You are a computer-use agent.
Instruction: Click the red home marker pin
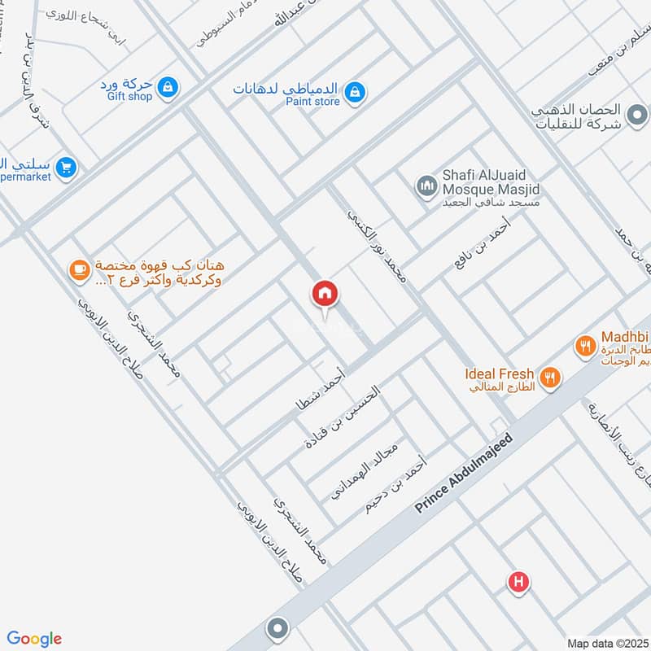coord(325,294)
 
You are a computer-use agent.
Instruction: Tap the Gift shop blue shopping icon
coord(167,85)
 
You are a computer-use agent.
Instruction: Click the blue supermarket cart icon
coord(67,168)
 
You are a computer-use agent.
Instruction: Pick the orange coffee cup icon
coord(79,270)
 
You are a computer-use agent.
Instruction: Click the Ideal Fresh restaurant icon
coord(552,377)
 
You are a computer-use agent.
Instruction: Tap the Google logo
coord(34,639)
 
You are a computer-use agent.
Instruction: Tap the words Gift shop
coord(129,96)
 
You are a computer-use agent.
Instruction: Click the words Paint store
coord(312,102)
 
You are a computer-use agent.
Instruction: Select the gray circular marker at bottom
coord(278,629)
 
